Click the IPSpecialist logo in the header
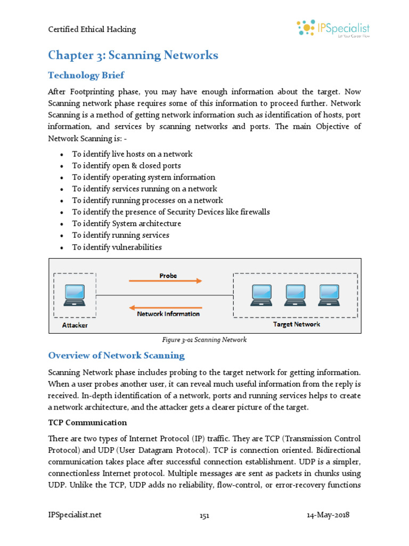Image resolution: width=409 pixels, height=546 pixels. tap(333, 29)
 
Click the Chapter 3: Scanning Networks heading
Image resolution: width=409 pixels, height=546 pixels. tap(133, 55)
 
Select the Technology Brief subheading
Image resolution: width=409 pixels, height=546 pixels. tap(86, 75)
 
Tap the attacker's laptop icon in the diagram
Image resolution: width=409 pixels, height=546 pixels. tap(74, 295)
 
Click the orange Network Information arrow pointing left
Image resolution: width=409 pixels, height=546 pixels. tap(166, 308)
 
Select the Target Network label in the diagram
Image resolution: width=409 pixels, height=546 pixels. tap(297, 324)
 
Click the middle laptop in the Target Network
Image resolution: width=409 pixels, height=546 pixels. tap(296, 294)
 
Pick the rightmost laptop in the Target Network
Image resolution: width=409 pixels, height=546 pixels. tap(329, 294)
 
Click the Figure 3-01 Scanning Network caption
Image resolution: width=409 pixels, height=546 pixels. tap(204, 340)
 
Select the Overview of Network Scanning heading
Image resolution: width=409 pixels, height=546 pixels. tap(116, 356)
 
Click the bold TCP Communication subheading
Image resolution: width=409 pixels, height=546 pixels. tap(87, 423)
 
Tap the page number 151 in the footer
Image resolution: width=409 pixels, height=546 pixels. tap(204, 516)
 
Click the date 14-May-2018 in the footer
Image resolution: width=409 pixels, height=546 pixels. tap(328, 515)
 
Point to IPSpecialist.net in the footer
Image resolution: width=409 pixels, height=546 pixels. tap(75, 515)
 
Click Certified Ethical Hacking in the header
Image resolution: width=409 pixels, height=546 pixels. tap(92, 29)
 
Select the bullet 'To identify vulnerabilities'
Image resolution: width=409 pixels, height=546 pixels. tap(117, 247)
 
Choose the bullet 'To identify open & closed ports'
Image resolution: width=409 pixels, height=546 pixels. tap(126, 166)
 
